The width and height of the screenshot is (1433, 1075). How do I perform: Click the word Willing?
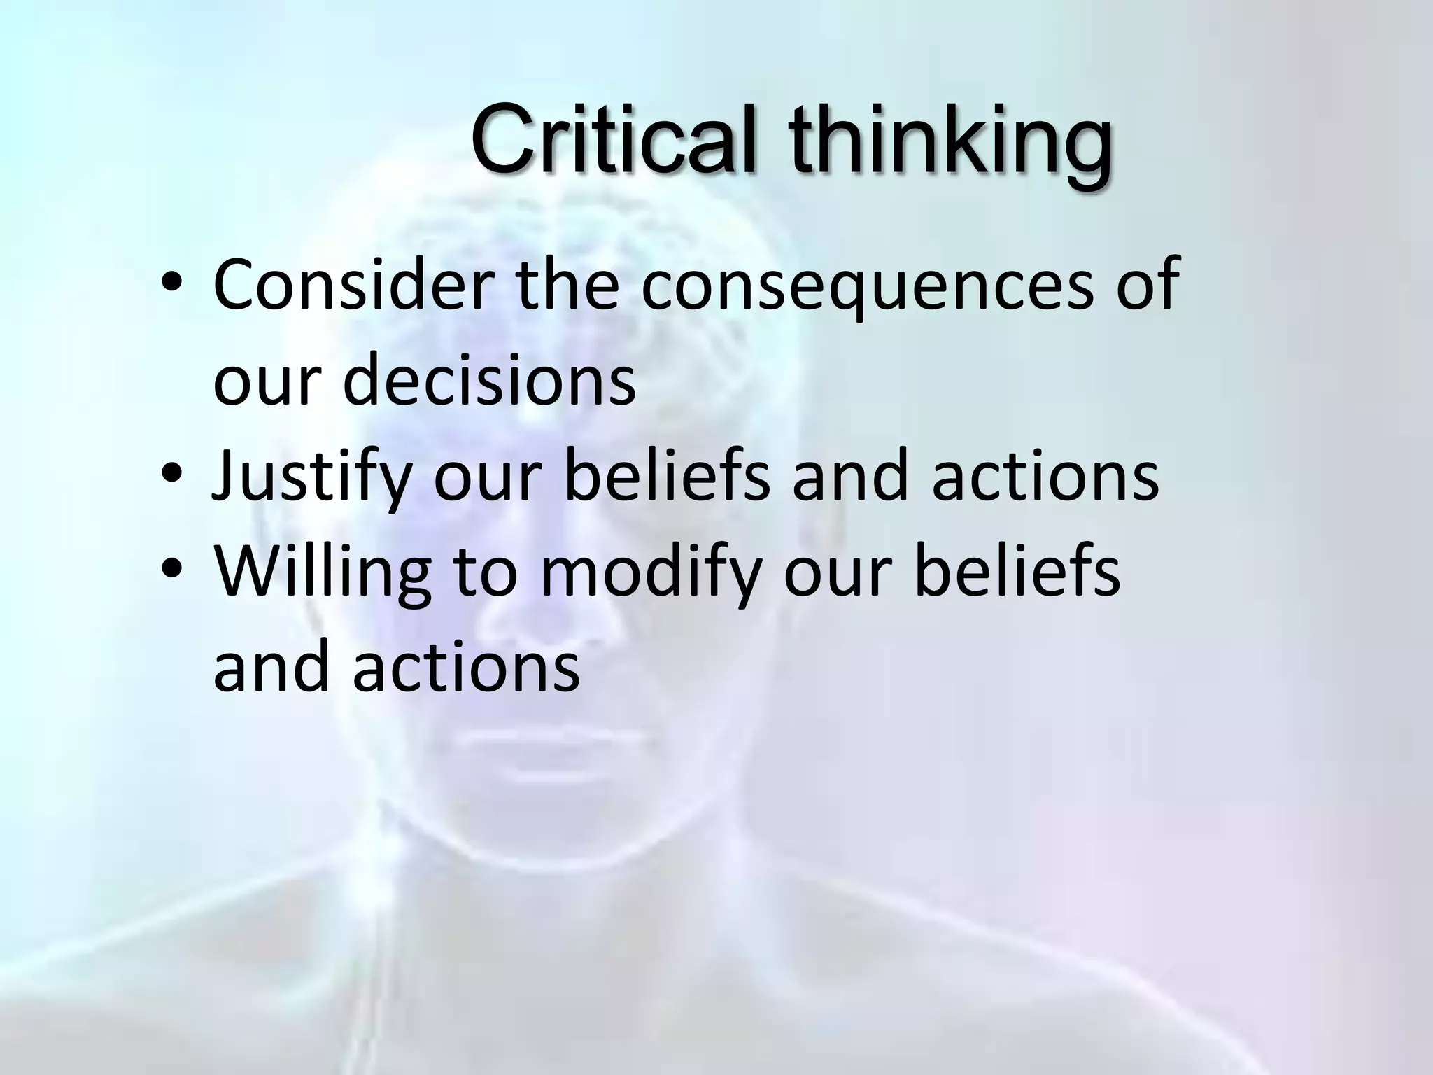pos(322,574)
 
